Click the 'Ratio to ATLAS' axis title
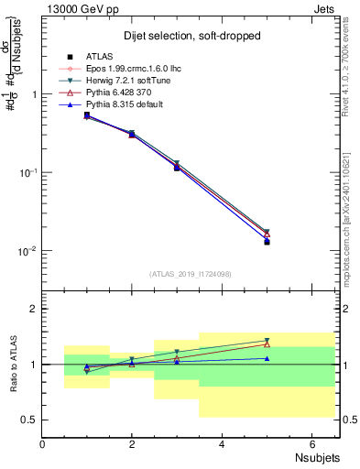click(13, 365)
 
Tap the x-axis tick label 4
click(223, 444)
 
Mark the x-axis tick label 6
click(311, 444)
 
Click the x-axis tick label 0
click(43, 444)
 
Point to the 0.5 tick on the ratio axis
click(30, 420)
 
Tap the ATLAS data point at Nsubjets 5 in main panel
click(267, 242)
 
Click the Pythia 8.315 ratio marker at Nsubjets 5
click(267, 358)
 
